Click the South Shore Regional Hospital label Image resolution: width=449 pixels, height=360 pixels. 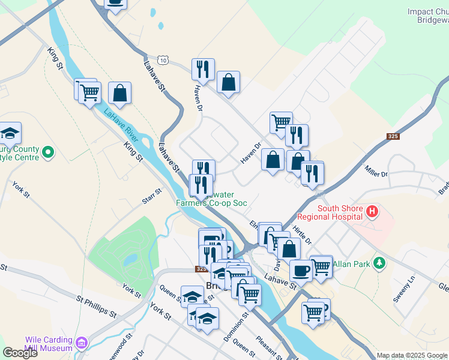coord(340,212)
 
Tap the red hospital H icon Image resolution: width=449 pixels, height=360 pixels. coord(372,211)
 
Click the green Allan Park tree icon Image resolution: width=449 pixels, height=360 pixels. coord(379,263)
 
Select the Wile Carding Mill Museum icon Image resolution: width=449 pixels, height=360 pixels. coord(82,343)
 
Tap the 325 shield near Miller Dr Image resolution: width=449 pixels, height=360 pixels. coord(393,137)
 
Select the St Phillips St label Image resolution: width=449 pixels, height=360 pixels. coord(96,305)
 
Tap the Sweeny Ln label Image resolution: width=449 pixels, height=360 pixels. coord(409,290)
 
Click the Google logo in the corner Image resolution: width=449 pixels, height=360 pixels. coord(19,353)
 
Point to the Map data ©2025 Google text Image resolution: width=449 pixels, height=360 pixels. coord(412,355)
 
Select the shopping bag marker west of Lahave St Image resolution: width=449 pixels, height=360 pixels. coord(120,93)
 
